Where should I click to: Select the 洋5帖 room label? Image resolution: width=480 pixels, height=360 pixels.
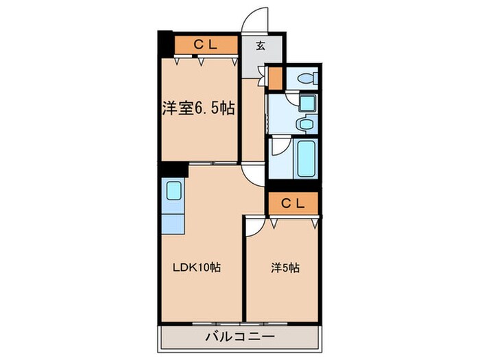pyautogui.click(x=283, y=268)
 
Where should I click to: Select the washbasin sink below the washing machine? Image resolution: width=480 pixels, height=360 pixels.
pyautogui.click(x=305, y=124)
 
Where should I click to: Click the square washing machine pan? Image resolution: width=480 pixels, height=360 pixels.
pyautogui.click(x=306, y=104)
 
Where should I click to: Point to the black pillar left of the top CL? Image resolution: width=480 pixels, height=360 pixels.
pyautogui.click(x=165, y=45)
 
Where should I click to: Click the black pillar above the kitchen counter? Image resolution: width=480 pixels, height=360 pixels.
pyautogui.click(x=174, y=169)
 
